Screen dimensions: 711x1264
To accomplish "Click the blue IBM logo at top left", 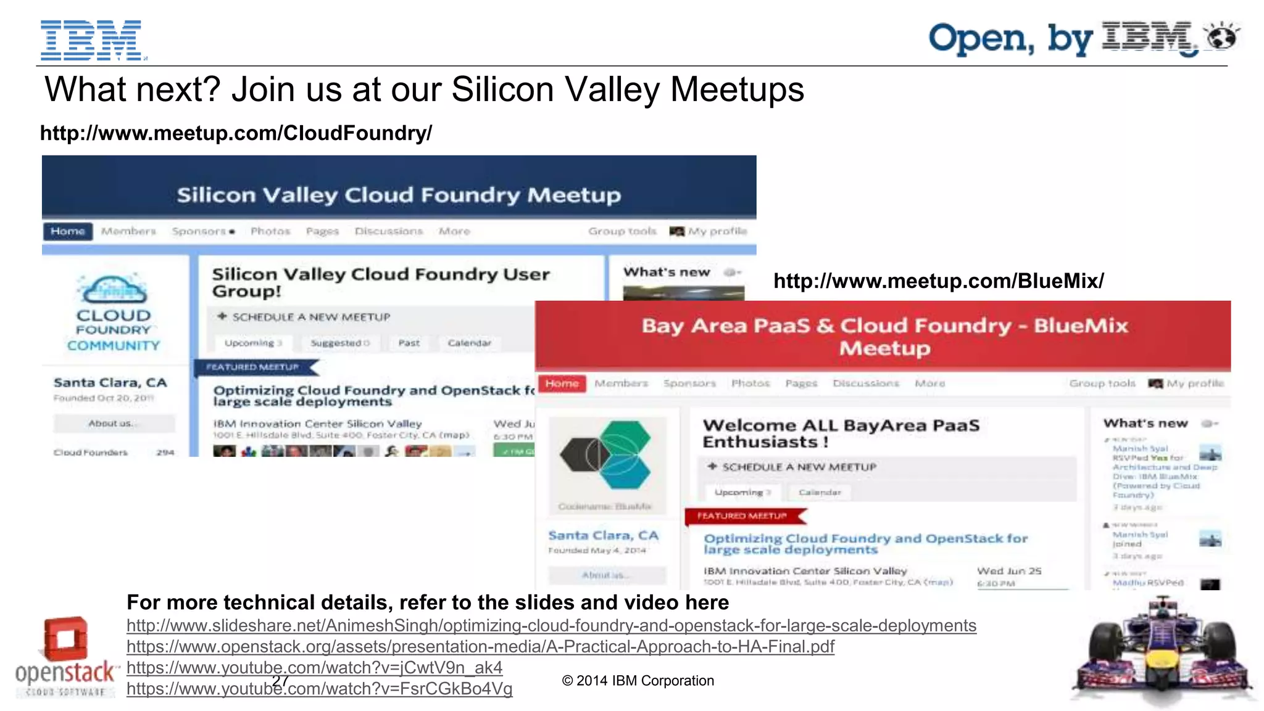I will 91,40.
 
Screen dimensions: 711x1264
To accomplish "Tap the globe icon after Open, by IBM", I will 1223,38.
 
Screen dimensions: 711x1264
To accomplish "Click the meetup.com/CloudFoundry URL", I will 236,133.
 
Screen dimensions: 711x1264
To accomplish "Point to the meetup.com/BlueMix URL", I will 938,281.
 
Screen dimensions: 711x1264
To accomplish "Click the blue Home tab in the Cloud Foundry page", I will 68,231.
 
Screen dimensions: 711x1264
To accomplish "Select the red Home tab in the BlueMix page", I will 562,384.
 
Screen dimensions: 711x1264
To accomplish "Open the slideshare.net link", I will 551,625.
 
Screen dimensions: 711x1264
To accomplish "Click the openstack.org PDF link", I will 480,646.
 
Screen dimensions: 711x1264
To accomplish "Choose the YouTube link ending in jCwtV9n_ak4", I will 314,667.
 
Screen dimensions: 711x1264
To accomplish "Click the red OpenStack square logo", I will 65,639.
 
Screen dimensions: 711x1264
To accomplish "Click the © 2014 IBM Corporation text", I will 638,681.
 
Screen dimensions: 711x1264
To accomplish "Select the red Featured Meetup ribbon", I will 743,516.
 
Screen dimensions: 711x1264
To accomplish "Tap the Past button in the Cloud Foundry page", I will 409,343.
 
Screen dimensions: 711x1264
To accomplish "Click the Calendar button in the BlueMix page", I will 820,492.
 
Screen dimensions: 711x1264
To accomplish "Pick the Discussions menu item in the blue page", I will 388,231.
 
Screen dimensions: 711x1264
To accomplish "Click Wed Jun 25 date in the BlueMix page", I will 1008,571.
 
